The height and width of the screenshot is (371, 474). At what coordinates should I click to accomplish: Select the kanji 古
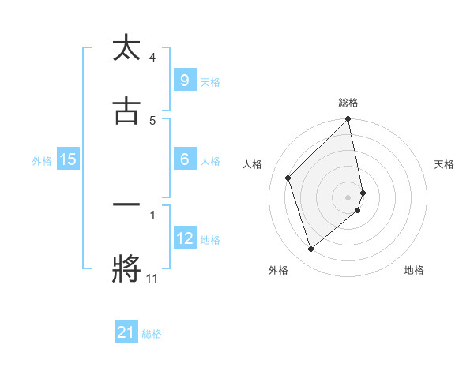tap(126, 111)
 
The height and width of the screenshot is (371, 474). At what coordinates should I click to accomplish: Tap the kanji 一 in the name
tap(126, 205)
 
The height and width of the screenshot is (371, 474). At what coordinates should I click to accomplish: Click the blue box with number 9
tap(184, 80)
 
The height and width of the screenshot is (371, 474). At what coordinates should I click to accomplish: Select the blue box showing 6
tap(184, 159)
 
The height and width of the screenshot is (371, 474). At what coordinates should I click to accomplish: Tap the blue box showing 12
tap(184, 238)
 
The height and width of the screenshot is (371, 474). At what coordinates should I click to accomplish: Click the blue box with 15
tap(68, 159)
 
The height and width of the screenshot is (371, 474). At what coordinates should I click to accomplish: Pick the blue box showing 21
tap(126, 333)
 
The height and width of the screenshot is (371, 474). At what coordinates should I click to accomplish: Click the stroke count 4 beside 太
tap(152, 57)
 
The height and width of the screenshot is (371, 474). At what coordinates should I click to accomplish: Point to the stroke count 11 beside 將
tap(152, 279)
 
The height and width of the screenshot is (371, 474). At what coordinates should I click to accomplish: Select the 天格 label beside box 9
tap(210, 81)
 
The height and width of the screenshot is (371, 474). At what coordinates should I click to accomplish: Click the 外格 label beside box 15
tap(42, 161)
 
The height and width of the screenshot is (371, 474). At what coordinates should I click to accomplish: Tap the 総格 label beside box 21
tap(152, 334)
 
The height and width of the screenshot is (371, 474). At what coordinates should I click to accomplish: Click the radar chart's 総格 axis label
tap(348, 103)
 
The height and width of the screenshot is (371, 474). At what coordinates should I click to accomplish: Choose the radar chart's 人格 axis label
tap(253, 164)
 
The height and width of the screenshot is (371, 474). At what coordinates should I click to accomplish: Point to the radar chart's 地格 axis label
tap(414, 270)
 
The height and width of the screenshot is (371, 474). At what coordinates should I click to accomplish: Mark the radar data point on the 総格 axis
tap(348, 120)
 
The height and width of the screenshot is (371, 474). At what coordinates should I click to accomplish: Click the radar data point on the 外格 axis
tap(310, 249)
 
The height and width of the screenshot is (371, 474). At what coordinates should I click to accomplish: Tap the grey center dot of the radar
tap(348, 197)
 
